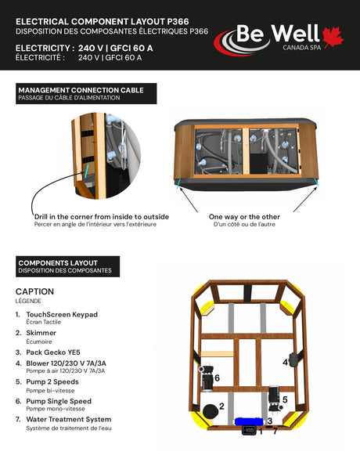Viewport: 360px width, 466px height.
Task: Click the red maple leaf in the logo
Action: point(333,36)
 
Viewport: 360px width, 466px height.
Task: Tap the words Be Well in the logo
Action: point(278,33)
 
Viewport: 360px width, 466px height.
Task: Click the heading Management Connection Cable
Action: point(81,90)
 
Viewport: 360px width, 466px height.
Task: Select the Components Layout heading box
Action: point(68,266)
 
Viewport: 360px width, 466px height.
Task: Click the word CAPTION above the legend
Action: point(34,291)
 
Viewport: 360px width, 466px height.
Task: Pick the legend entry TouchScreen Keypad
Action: point(62,314)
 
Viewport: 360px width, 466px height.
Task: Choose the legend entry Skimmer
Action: point(41,333)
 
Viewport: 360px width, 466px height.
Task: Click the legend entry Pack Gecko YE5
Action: point(53,352)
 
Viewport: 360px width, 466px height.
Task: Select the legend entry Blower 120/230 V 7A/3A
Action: point(66,363)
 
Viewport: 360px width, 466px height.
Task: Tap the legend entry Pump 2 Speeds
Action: point(52,382)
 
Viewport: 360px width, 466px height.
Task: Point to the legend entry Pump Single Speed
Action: point(59,401)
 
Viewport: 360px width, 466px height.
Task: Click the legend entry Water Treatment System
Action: point(69,419)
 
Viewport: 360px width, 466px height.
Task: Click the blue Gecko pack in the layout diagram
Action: point(249,421)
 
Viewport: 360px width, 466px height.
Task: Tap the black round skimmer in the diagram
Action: point(211,412)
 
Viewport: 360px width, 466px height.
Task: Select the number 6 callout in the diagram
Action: point(217,378)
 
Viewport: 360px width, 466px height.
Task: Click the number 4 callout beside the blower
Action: point(285,363)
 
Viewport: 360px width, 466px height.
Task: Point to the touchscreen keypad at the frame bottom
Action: point(249,430)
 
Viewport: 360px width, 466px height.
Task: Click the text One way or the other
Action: point(244,217)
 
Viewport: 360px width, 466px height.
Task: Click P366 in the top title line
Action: point(178,21)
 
